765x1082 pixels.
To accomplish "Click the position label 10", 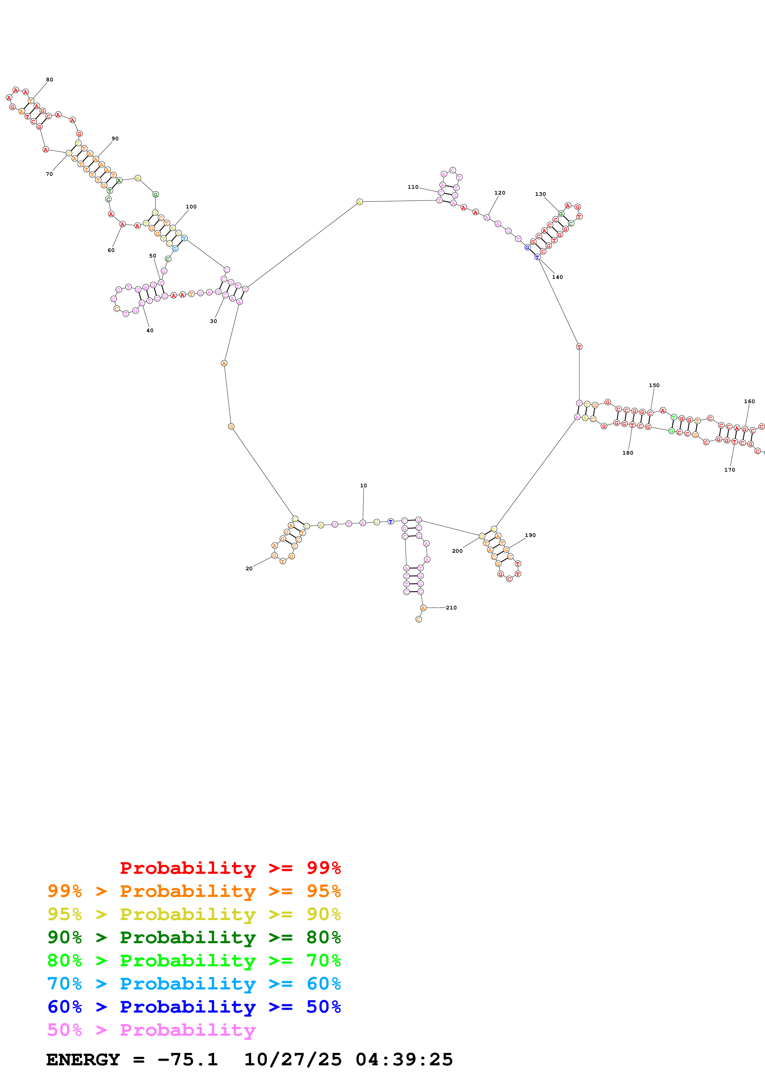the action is (x=364, y=485).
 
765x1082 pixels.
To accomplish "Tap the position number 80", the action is (x=49, y=80).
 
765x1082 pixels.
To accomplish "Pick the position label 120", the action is (x=500, y=193).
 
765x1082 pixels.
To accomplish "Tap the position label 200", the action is (x=457, y=551).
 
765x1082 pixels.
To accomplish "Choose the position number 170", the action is (x=729, y=469).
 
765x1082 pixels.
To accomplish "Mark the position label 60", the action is (x=111, y=250).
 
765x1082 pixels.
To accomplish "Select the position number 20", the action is (x=249, y=568).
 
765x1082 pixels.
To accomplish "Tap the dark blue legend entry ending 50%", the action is (x=194, y=1007).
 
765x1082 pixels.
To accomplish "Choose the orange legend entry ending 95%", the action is (x=194, y=891).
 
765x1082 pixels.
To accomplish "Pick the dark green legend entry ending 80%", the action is (x=194, y=937).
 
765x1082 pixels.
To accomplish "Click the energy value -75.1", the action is (x=188, y=1059).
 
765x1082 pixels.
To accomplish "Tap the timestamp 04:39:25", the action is (x=404, y=1059).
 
